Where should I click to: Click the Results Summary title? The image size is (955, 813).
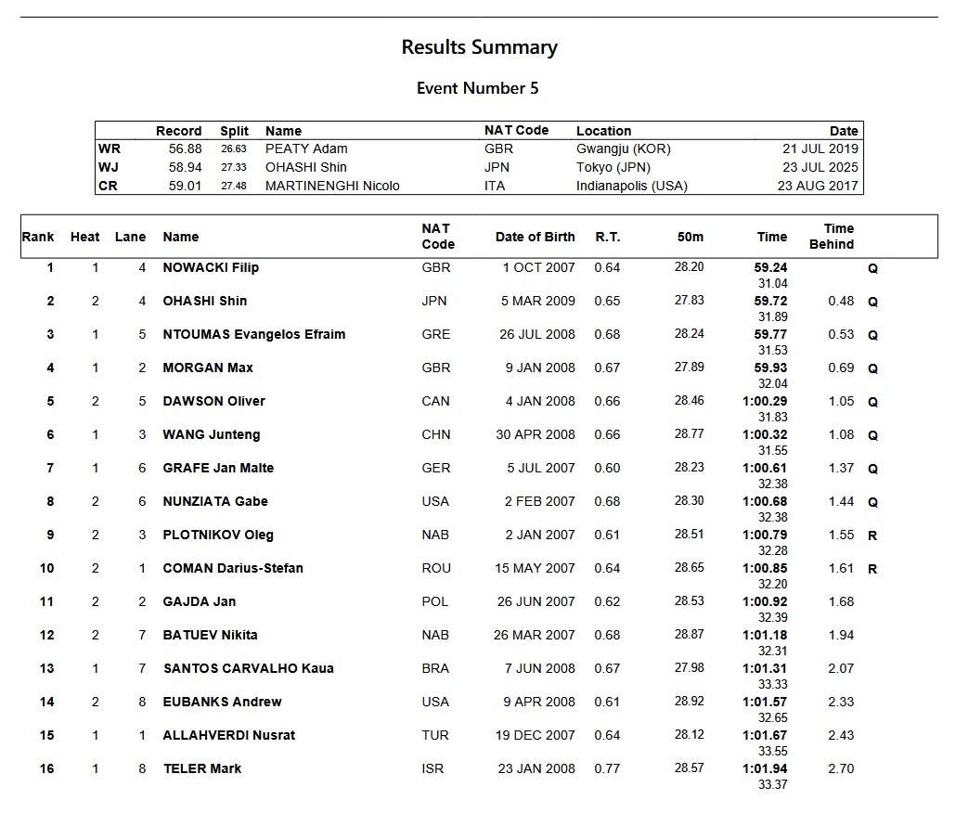pyautogui.click(x=479, y=47)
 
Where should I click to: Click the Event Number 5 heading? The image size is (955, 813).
pyautogui.click(x=477, y=89)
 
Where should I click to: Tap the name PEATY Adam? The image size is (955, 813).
pyautogui.click(x=306, y=148)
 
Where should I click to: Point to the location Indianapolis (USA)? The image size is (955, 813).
pyautogui.click(x=631, y=186)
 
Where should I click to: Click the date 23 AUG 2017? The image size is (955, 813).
pyautogui.click(x=818, y=186)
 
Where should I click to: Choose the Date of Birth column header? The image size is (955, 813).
pyautogui.click(x=535, y=237)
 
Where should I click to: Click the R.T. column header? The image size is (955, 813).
pyautogui.click(x=608, y=237)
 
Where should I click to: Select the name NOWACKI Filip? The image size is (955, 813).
pyautogui.click(x=211, y=267)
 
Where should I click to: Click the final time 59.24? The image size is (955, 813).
pyautogui.click(x=771, y=267)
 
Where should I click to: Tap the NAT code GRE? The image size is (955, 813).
pyautogui.click(x=435, y=334)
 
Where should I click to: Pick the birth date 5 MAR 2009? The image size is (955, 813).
pyautogui.click(x=538, y=301)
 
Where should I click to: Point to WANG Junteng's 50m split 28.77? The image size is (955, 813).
pyautogui.click(x=689, y=434)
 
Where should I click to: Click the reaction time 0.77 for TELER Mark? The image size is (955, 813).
pyautogui.click(x=607, y=768)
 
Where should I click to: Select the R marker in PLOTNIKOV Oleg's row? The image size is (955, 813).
pyautogui.click(x=872, y=536)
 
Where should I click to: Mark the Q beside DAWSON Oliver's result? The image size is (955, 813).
pyautogui.click(x=872, y=402)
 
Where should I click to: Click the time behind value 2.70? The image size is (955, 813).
pyautogui.click(x=841, y=768)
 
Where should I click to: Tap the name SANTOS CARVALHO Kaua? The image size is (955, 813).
pyautogui.click(x=248, y=668)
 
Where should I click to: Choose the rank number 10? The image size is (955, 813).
pyautogui.click(x=46, y=568)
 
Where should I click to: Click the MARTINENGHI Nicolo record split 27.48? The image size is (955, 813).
pyautogui.click(x=233, y=186)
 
